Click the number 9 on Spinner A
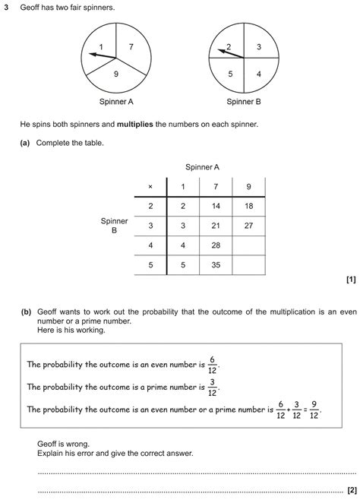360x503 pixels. pos(115,74)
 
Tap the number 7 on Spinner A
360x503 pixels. pos(131,47)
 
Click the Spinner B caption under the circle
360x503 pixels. pos(244,101)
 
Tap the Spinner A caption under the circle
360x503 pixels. pos(116,101)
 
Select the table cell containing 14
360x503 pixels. pos(216,206)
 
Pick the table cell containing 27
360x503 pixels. pos(248,226)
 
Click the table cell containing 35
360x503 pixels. pos(216,265)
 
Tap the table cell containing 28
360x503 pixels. pos(216,245)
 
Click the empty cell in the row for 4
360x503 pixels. pos(248,245)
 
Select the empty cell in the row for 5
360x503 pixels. pos(248,265)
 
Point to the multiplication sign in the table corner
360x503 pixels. pos(150,187)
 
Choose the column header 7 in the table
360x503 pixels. pos(216,187)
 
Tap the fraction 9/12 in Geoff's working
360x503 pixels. pos(314,410)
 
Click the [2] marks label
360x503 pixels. pos(351,490)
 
